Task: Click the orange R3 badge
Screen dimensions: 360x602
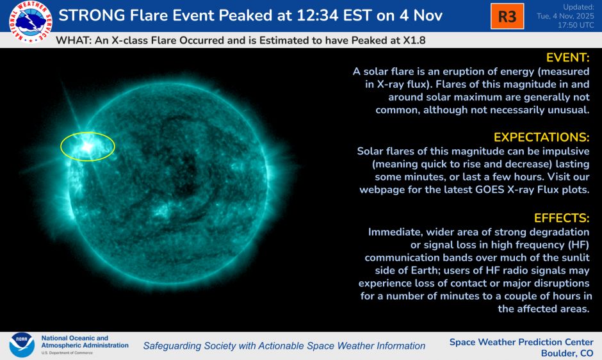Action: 507,16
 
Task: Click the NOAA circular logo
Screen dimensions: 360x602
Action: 22,345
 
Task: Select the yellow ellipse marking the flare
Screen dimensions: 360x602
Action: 88,147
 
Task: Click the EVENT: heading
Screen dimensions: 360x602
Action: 567,58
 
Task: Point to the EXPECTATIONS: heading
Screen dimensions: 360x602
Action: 541,138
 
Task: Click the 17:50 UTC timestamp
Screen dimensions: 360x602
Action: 573,26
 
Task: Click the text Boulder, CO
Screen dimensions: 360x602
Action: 567,353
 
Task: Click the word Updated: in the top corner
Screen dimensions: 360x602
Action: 579,7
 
